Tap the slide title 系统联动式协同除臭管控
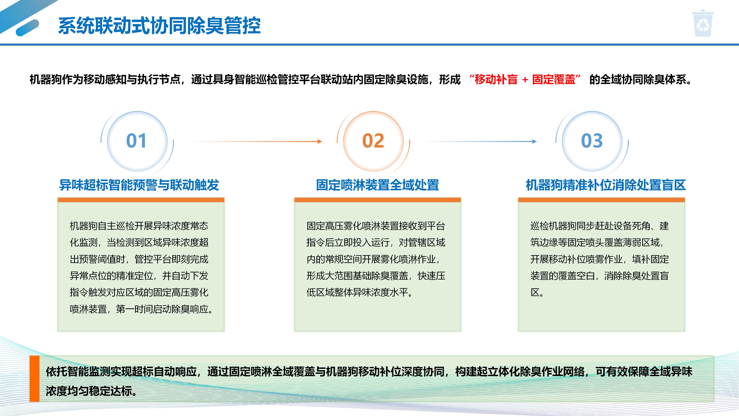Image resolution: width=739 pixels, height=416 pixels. [159, 26]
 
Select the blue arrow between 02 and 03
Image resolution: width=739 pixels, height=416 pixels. [481, 141]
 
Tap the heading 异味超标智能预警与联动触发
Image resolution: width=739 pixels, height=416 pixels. [139, 185]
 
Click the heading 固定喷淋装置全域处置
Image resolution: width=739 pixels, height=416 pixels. [378, 185]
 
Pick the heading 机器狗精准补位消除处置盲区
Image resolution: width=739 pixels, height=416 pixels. [606, 185]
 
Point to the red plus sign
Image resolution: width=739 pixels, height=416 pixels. [525, 80]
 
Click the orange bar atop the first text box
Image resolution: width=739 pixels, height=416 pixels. [141, 200]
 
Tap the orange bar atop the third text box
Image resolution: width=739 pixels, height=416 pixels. [601, 200]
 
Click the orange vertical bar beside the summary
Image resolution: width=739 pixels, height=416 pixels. [34, 378]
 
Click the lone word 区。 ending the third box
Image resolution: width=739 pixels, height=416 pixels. [537, 293]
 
